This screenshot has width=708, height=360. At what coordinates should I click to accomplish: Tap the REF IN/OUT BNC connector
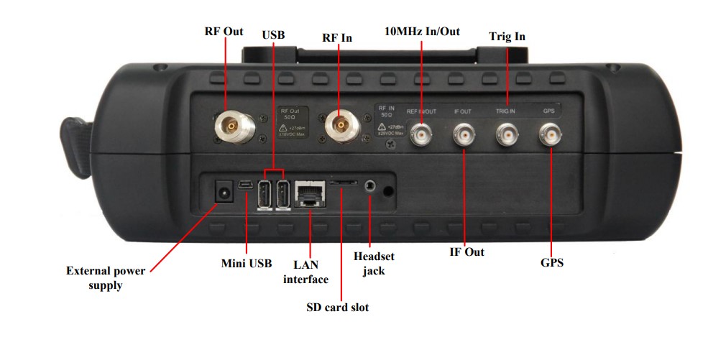[x=421, y=134]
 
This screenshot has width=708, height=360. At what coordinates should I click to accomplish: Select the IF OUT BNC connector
[x=464, y=134]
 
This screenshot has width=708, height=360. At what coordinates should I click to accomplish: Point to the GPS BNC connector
[x=552, y=134]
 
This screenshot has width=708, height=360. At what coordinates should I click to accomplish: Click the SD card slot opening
[x=344, y=183]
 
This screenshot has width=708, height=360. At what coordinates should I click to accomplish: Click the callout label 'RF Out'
[x=224, y=32]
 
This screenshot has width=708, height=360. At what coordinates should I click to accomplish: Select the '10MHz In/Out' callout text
[x=422, y=32]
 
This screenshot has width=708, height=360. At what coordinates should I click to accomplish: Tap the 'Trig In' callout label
[x=507, y=36]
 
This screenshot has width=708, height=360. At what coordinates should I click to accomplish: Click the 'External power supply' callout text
[x=106, y=278]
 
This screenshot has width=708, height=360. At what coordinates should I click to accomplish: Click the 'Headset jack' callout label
[x=374, y=263]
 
